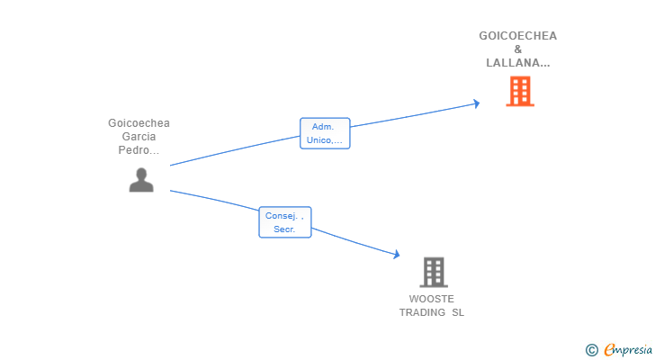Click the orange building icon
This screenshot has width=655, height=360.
tap(519, 91)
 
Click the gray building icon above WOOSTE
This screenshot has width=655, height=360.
tap(433, 272)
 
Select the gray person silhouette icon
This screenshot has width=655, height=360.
tap(141, 179)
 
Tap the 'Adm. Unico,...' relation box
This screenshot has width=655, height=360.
tap(325, 133)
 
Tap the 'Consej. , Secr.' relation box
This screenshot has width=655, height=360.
tap(285, 222)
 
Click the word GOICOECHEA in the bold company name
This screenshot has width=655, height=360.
tap(517, 36)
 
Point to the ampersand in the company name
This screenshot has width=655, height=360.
tap(517, 49)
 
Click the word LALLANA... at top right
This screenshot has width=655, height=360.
tap(517, 63)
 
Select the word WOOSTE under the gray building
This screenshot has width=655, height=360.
tap(432, 299)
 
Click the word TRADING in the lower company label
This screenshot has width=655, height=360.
tap(422, 312)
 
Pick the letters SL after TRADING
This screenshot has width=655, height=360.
tap(458, 312)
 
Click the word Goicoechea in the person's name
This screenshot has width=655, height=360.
tap(139, 123)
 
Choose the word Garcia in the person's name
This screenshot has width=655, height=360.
tap(139, 137)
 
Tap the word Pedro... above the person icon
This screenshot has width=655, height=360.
tap(139, 150)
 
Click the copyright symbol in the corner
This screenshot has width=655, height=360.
tap(591, 350)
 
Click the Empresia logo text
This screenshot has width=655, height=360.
tap(627, 349)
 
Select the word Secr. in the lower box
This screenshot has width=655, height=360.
tap(285, 229)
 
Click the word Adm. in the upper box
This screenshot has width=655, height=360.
tap(323, 127)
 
